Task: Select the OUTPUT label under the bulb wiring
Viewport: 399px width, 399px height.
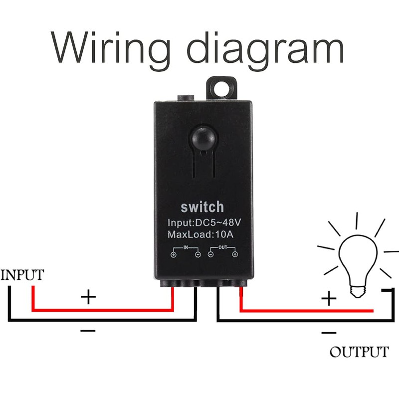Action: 359,352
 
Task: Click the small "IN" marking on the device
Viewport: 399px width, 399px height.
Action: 186,247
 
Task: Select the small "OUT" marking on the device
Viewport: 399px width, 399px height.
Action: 222,247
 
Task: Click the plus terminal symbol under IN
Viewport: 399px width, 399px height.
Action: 174,255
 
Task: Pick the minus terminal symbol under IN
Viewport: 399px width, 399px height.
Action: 198,255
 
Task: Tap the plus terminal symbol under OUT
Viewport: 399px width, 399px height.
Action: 234,255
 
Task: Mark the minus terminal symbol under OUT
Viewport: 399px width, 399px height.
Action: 210,255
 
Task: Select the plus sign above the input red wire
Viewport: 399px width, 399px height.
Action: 88,298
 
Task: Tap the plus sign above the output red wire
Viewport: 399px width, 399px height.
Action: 328,299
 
